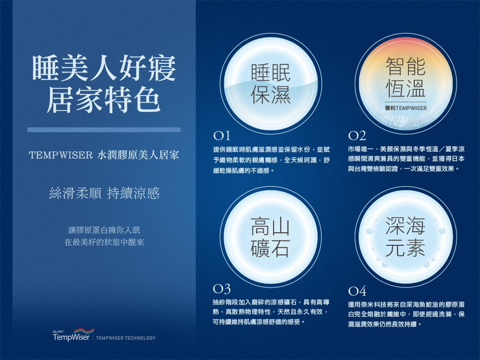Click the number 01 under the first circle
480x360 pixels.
coord(221,135)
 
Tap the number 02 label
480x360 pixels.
coord(357,135)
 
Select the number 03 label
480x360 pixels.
coord(222,288)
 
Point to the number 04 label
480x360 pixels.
coord(357,290)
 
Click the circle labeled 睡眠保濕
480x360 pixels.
coord(271,83)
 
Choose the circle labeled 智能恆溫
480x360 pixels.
coord(406,83)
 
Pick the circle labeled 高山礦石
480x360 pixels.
coord(271,237)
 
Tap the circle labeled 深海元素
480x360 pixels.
coord(406,237)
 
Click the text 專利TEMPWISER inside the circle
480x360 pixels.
coord(406,108)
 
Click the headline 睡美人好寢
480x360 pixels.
coord(104,68)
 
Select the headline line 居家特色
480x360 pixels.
coord(104,100)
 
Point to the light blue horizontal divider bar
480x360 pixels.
coord(104,130)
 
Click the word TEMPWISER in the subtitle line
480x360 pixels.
coord(60,155)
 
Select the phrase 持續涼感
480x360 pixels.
coord(133,193)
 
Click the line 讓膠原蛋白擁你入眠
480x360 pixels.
coord(104,230)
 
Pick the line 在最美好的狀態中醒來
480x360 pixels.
coord(104,242)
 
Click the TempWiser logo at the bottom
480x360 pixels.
coord(73,335)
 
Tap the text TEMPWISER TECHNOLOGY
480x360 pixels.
coord(126,338)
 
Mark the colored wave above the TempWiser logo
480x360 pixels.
coord(84,331)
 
